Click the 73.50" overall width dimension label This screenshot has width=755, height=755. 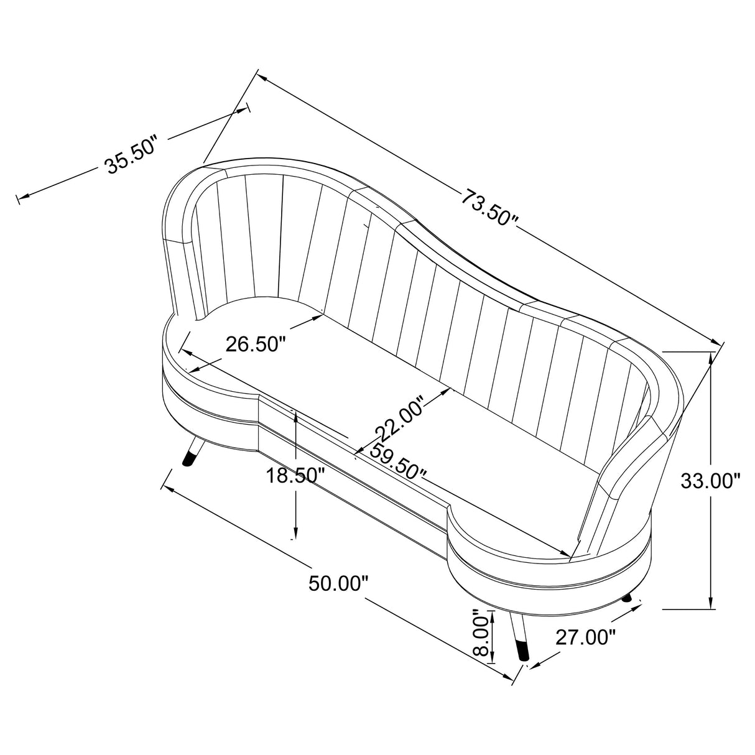coord(489,207)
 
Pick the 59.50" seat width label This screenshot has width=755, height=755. coord(398,463)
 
